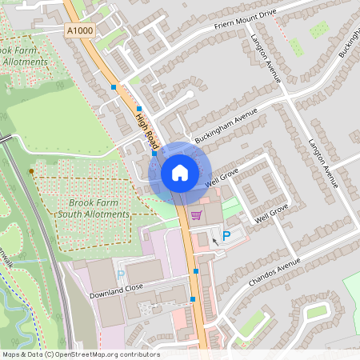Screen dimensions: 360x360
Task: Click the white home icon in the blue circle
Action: point(180,173)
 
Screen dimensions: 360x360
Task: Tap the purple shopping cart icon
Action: point(196,215)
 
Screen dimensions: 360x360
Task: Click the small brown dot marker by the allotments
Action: point(32,172)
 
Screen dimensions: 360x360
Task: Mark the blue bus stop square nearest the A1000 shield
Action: point(114,86)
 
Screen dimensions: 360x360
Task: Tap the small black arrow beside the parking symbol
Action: point(214,241)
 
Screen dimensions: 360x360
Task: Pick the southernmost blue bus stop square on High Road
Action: point(193,300)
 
